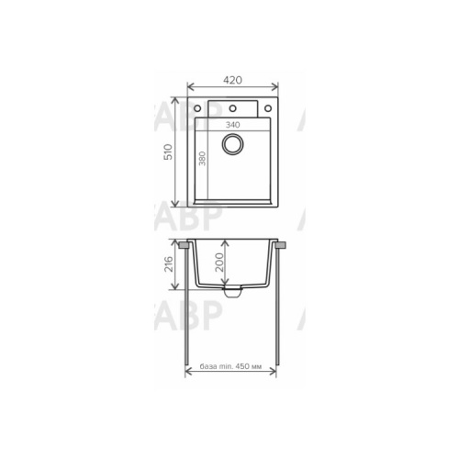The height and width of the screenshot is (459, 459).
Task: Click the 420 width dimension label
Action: pyautogui.click(x=232, y=80)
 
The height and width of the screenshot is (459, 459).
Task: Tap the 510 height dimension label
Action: pyautogui.click(x=168, y=151)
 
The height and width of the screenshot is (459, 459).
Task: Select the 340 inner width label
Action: pyautogui.click(x=233, y=125)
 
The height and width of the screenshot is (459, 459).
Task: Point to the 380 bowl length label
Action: pyautogui.click(x=202, y=158)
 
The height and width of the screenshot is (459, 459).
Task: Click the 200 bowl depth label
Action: pyautogui.click(x=219, y=263)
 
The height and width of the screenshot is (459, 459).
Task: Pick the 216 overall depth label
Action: pyautogui.click(x=169, y=264)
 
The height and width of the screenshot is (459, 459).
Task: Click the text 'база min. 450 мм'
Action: pyautogui.click(x=230, y=366)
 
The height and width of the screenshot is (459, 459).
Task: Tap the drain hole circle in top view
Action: pyautogui.click(x=233, y=144)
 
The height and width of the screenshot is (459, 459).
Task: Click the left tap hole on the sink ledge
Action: pyautogui.click(x=197, y=108)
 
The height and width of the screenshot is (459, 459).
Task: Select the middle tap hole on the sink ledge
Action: pyautogui.click(x=232, y=108)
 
